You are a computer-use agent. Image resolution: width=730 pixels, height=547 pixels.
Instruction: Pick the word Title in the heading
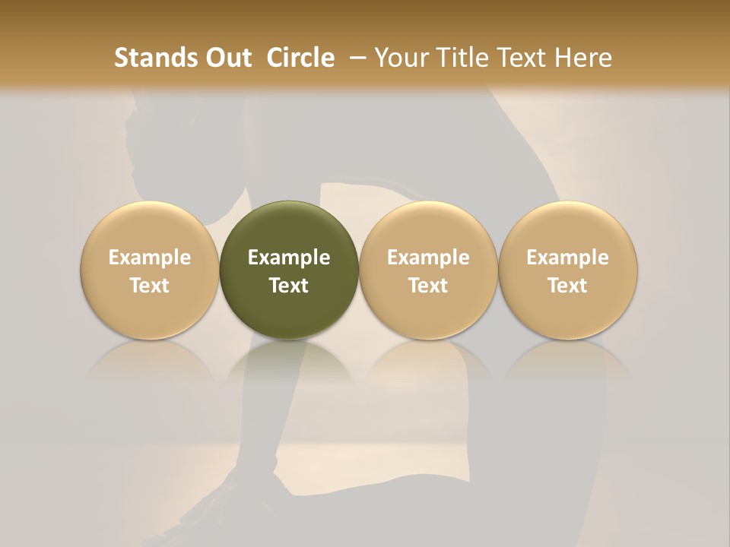[x=456, y=58]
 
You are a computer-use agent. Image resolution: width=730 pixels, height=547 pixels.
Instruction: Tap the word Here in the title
[x=584, y=58]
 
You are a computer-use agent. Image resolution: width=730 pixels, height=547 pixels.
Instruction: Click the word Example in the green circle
[x=289, y=258]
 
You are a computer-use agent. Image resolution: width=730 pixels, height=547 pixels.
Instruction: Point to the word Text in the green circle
[x=289, y=286]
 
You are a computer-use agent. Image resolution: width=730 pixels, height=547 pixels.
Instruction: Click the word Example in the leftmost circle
[x=150, y=258]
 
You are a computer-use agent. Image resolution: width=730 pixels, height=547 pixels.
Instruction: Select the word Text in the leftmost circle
[x=150, y=286]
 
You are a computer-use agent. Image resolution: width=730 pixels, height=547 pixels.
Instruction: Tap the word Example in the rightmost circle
[x=568, y=258]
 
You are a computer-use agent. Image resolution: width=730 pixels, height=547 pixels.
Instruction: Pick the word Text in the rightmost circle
[x=568, y=286]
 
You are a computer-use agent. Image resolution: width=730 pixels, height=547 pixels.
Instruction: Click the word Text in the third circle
[x=428, y=286]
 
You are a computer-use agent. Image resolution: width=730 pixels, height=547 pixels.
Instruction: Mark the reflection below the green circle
[x=289, y=361]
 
